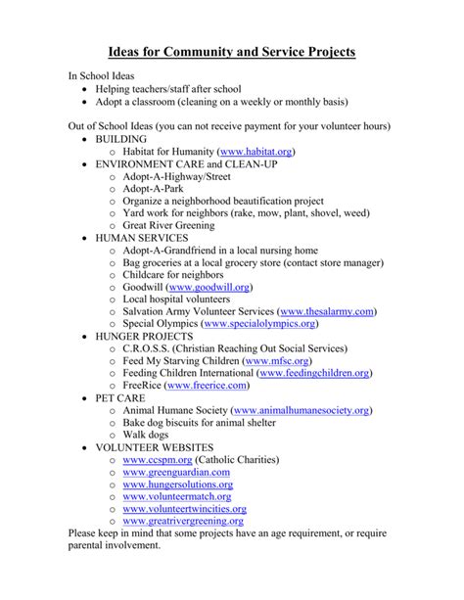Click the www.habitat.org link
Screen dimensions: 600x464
[256, 153]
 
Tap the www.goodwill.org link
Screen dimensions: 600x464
[209, 288]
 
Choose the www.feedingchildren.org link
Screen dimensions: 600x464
[319, 373]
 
